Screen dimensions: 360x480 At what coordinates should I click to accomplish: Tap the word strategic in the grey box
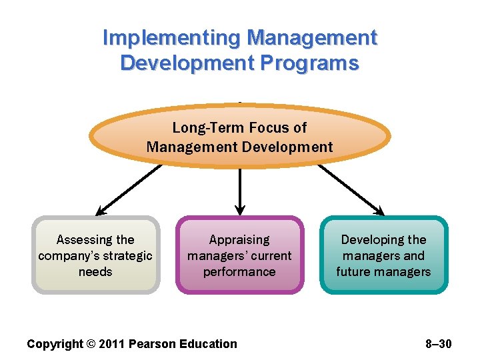pos(126,256)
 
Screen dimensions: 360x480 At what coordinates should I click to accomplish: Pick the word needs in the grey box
pos(95,272)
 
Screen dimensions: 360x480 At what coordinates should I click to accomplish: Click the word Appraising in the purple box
pos(239,240)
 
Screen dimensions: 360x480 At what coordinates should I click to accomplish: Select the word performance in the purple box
pos(239,272)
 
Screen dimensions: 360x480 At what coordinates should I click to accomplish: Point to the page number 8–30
pos(438,344)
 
